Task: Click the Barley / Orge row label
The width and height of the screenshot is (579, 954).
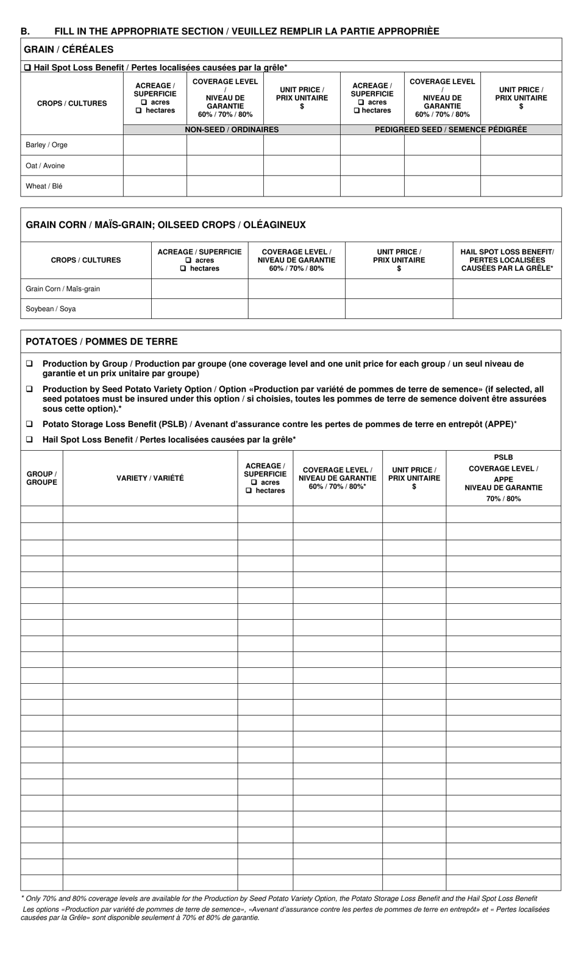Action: pyautogui.click(x=46, y=145)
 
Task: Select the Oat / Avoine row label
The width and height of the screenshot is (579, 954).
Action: pyautogui.click(x=45, y=166)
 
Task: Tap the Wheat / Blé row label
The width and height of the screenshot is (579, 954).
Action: pyautogui.click(x=44, y=187)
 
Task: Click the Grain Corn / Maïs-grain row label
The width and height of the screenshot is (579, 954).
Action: pyautogui.click(x=63, y=289)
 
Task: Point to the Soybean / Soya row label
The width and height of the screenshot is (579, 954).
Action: pyautogui.click(x=51, y=309)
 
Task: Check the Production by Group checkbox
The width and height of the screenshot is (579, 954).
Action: pyautogui.click(x=29, y=364)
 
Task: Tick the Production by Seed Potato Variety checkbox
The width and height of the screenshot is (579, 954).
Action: pyautogui.click(x=29, y=389)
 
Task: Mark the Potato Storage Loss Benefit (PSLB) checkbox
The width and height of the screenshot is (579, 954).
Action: pyautogui.click(x=29, y=423)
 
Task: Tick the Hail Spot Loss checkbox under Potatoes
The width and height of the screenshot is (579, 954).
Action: pyautogui.click(x=29, y=439)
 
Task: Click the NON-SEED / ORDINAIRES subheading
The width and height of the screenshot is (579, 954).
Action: pyautogui.click(x=232, y=129)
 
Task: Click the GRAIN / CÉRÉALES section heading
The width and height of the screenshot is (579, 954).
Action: pyautogui.click(x=68, y=49)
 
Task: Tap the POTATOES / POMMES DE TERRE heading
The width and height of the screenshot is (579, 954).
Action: pyautogui.click(x=102, y=342)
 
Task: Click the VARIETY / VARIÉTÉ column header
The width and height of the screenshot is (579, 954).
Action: pyautogui.click(x=150, y=478)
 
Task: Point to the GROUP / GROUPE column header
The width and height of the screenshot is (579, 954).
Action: pyautogui.click(x=41, y=478)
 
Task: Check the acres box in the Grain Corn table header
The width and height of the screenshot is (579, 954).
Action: pyautogui.click(x=189, y=260)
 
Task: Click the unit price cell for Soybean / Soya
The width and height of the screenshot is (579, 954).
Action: pyautogui.click(x=399, y=309)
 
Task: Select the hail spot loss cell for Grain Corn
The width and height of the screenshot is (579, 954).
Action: pyautogui.click(x=506, y=289)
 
